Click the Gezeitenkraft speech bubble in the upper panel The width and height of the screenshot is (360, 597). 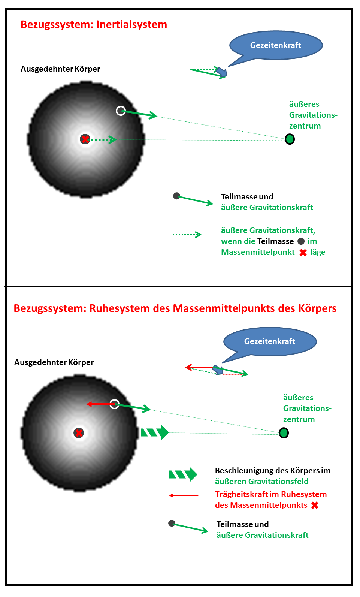(276, 45)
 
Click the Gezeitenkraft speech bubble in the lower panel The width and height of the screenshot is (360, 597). (270, 341)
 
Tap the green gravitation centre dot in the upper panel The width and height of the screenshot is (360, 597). (290, 139)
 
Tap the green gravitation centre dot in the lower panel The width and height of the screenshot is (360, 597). (284, 433)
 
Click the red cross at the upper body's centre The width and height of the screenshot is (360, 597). (85, 139)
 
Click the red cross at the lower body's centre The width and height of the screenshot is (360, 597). (79, 433)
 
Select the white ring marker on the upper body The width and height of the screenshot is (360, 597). (121, 111)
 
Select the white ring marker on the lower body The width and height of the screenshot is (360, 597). (115, 404)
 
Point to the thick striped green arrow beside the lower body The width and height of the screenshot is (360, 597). (154, 432)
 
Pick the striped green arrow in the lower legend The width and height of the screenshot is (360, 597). (183, 474)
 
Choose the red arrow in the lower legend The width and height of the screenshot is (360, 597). (184, 495)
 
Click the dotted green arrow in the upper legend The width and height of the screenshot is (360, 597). (187, 235)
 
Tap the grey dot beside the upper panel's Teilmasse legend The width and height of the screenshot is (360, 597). (176, 196)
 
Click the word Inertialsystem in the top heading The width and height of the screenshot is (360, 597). (131, 25)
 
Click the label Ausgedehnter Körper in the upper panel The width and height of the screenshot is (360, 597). (60, 69)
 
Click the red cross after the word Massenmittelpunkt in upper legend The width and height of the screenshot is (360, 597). (303, 253)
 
